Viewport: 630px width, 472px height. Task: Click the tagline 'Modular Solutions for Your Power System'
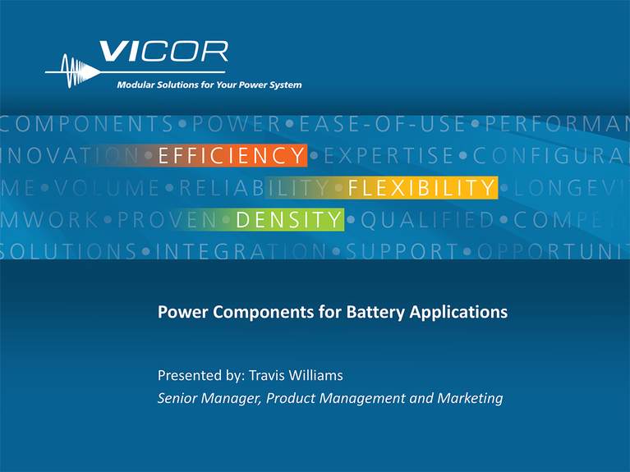pos(209,85)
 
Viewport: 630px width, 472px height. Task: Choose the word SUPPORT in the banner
pos(399,250)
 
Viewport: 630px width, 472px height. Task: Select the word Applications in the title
pos(463,313)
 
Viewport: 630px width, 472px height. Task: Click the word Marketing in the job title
pos(467,399)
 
